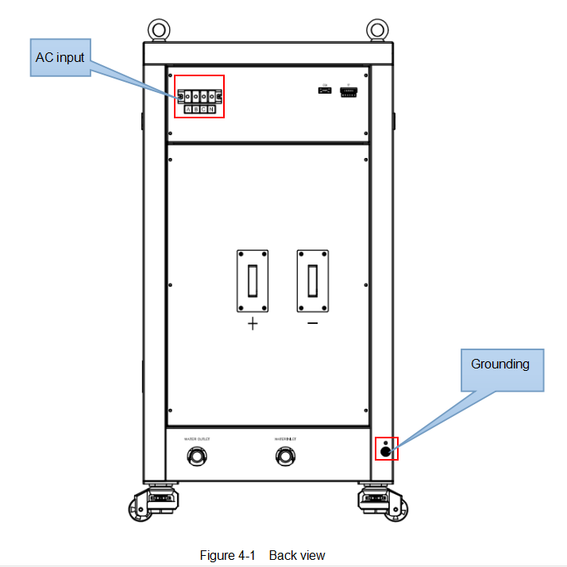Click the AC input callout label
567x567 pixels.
60,57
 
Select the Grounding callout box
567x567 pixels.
499,364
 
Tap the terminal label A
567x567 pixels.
188,109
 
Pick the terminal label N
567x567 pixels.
211,109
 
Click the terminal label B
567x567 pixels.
196,109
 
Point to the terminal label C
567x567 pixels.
203,109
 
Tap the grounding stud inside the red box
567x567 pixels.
386,450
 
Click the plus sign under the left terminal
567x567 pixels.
253,324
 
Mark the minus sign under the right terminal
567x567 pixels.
313,323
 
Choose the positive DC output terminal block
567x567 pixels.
253,282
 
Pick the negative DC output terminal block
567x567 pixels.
313,282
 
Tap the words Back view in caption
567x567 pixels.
297,555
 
